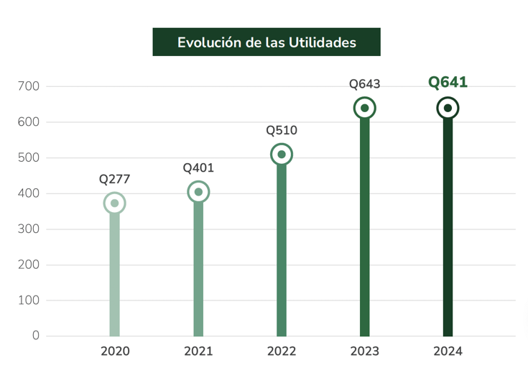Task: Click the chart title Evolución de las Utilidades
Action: click(267, 42)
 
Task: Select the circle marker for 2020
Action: click(114, 203)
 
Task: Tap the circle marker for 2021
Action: click(198, 192)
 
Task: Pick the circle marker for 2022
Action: click(282, 155)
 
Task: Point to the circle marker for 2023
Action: click(364, 109)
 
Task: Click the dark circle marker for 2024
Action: click(448, 109)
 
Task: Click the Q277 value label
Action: click(114, 179)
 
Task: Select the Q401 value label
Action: click(198, 168)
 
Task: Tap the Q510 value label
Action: click(282, 130)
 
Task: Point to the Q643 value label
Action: click(364, 84)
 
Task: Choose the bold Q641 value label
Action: click(448, 83)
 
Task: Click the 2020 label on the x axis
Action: click(115, 352)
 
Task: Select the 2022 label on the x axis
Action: click(282, 352)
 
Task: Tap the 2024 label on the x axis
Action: click(448, 352)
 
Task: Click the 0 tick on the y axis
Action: click(36, 336)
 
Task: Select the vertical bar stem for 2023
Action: click(364, 230)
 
